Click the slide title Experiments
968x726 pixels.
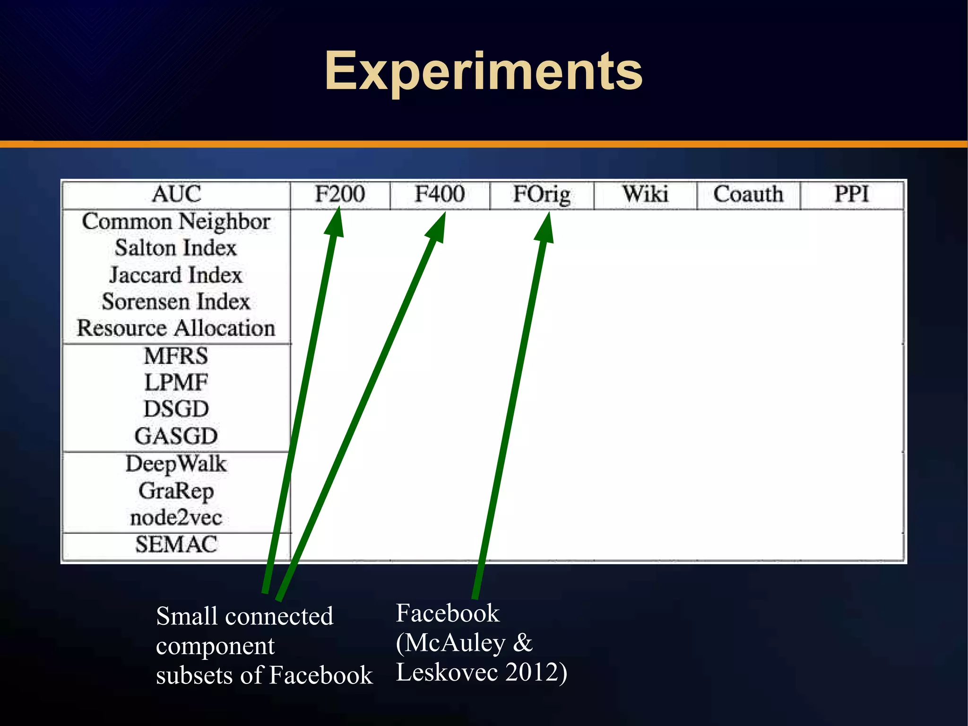tap(483, 71)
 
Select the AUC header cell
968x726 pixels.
tap(176, 194)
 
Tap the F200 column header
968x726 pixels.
tap(340, 194)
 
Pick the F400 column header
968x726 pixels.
tap(440, 194)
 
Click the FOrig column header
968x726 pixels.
tap(542, 194)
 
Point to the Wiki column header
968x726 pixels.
tap(645, 194)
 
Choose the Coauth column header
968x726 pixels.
tap(748, 194)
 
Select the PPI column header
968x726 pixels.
tap(852, 194)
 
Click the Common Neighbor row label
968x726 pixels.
tap(176, 221)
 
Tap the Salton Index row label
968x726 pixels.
tap(176, 248)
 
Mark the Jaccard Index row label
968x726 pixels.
tap(176, 275)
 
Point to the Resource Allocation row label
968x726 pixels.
tap(176, 328)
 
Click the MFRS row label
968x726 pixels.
tap(176, 356)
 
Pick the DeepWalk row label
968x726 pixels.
tap(176, 464)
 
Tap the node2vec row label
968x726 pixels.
tap(176, 517)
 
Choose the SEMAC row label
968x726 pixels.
tap(176, 544)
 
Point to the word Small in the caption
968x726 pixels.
tap(187, 616)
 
